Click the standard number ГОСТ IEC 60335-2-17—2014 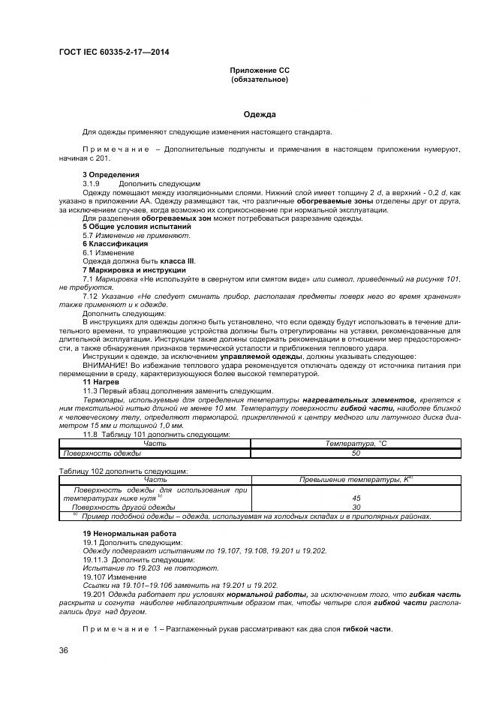click(x=113, y=52)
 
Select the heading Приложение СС click(x=259, y=70)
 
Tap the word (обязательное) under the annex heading click(x=259, y=79)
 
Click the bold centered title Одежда click(x=260, y=115)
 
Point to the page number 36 click(x=63, y=650)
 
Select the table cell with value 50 click(x=356, y=453)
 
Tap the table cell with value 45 click(x=356, y=499)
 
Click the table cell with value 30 click(x=356, y=508)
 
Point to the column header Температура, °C click(x=356, y=444)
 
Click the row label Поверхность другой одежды click(x=119, y=508)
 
